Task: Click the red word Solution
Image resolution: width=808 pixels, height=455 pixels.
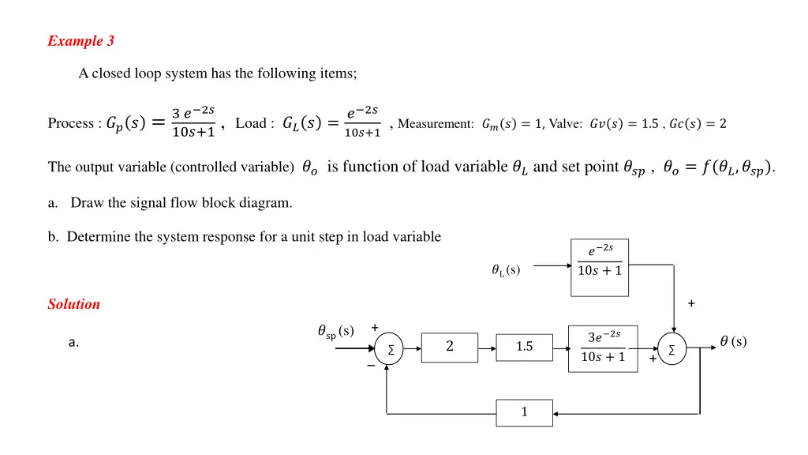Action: click(73, 304)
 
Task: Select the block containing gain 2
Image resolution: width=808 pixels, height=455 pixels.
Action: click(449, 347)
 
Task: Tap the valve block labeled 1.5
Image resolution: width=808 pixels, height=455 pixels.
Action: click(524, 347)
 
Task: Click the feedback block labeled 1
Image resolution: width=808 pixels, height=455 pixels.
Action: click(524, 412)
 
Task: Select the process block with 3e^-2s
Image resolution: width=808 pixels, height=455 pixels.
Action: click(603, 348)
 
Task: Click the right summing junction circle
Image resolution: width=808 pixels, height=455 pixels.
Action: click(671, 348)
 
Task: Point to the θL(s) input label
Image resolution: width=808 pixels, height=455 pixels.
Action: click(505, 271)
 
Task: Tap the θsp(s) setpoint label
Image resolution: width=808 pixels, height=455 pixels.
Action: click(335, 332)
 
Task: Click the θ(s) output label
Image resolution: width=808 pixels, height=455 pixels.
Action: click(733, 342)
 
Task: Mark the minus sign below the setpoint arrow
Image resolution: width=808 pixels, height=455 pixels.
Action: click(371, 366)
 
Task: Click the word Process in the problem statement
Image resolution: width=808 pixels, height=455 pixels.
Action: click(70, 123)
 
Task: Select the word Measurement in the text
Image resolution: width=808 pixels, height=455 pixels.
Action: click(436, 124)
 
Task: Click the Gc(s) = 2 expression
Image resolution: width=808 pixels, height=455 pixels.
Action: click(698, 124)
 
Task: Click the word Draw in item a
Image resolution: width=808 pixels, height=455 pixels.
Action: click(84, 203)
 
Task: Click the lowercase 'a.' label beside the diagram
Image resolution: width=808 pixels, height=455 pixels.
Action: click(73, 343)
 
